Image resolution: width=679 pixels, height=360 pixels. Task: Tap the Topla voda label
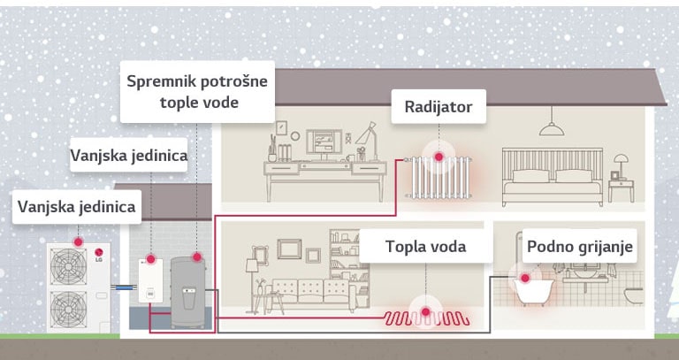(424, 246)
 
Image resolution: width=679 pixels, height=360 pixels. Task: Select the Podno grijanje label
(579, 246)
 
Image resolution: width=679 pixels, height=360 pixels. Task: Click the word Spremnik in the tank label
(163, 81)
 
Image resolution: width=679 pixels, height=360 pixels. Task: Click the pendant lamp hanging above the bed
(552, 128)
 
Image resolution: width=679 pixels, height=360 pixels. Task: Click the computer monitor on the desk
(324, 142)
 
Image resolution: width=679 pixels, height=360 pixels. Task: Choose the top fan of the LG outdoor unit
(69, 264)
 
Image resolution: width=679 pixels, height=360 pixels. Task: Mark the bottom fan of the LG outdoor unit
(69, 309)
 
